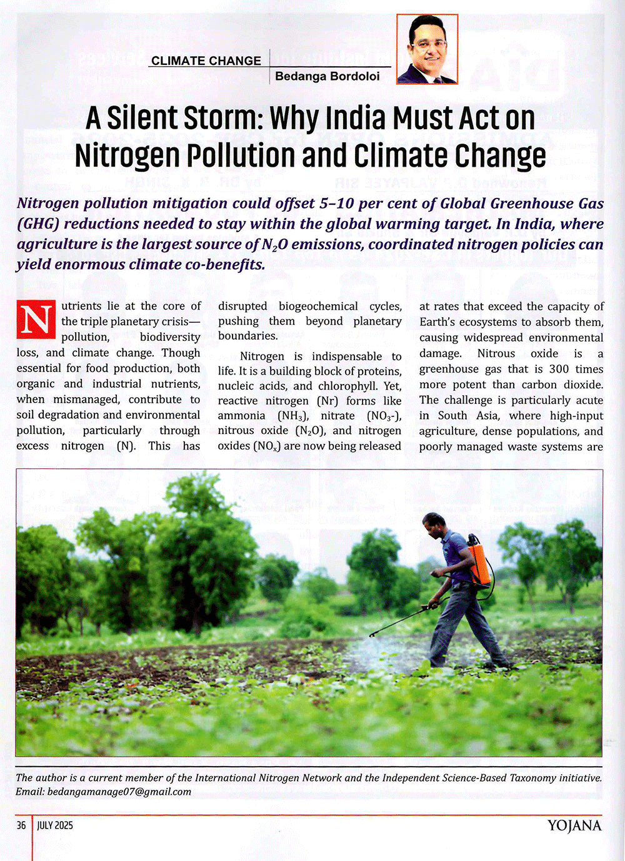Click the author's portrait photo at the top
pos(427,49)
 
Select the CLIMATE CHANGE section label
pos(206,61)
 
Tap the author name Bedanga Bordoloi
pos(327,76)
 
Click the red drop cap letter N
pos(36,320)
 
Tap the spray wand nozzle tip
pos(371,634)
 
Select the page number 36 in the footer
pos(21,825)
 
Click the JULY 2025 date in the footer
pos(55,825)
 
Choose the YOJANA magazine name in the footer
pos(574,825)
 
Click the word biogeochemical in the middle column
pos(318,306)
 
